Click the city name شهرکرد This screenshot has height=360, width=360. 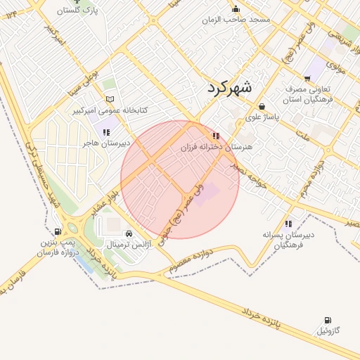230,88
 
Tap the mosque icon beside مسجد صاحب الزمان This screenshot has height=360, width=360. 236,9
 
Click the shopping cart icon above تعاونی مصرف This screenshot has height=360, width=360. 307,78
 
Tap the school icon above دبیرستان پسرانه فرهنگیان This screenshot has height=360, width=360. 288,224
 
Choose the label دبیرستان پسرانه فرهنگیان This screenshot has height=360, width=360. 288,240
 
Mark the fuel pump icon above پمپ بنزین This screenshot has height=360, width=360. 57,231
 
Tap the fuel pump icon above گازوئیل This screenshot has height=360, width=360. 328,320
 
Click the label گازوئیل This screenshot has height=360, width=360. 328,330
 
